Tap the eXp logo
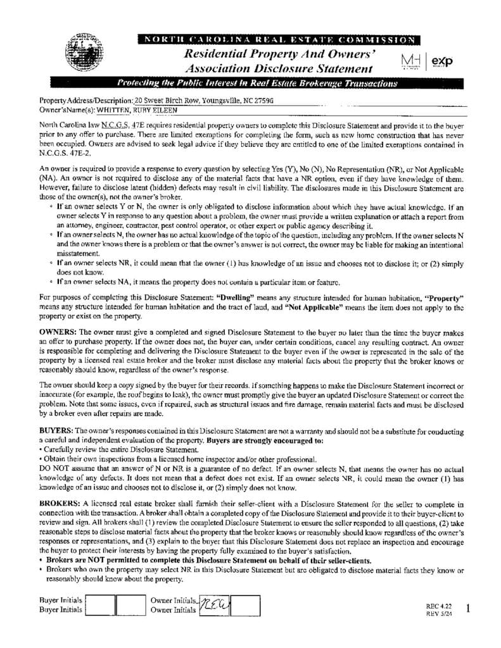tap(443, 60)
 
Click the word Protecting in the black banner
tap(140, 83)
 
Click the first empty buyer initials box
tap(100, 606)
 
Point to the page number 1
tap(467, 608)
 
